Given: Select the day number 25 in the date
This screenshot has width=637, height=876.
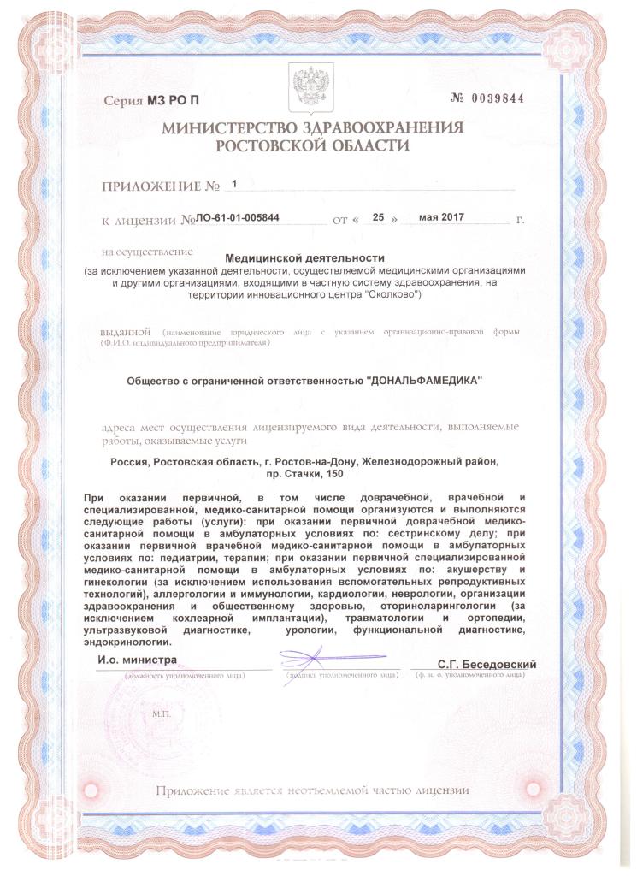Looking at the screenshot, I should coord(378,218).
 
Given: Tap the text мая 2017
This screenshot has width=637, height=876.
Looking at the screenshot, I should coord(445,218).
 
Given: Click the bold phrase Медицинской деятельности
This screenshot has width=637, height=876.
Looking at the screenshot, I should coord(305,257).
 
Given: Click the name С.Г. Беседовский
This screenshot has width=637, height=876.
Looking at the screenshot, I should coord(487,664).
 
